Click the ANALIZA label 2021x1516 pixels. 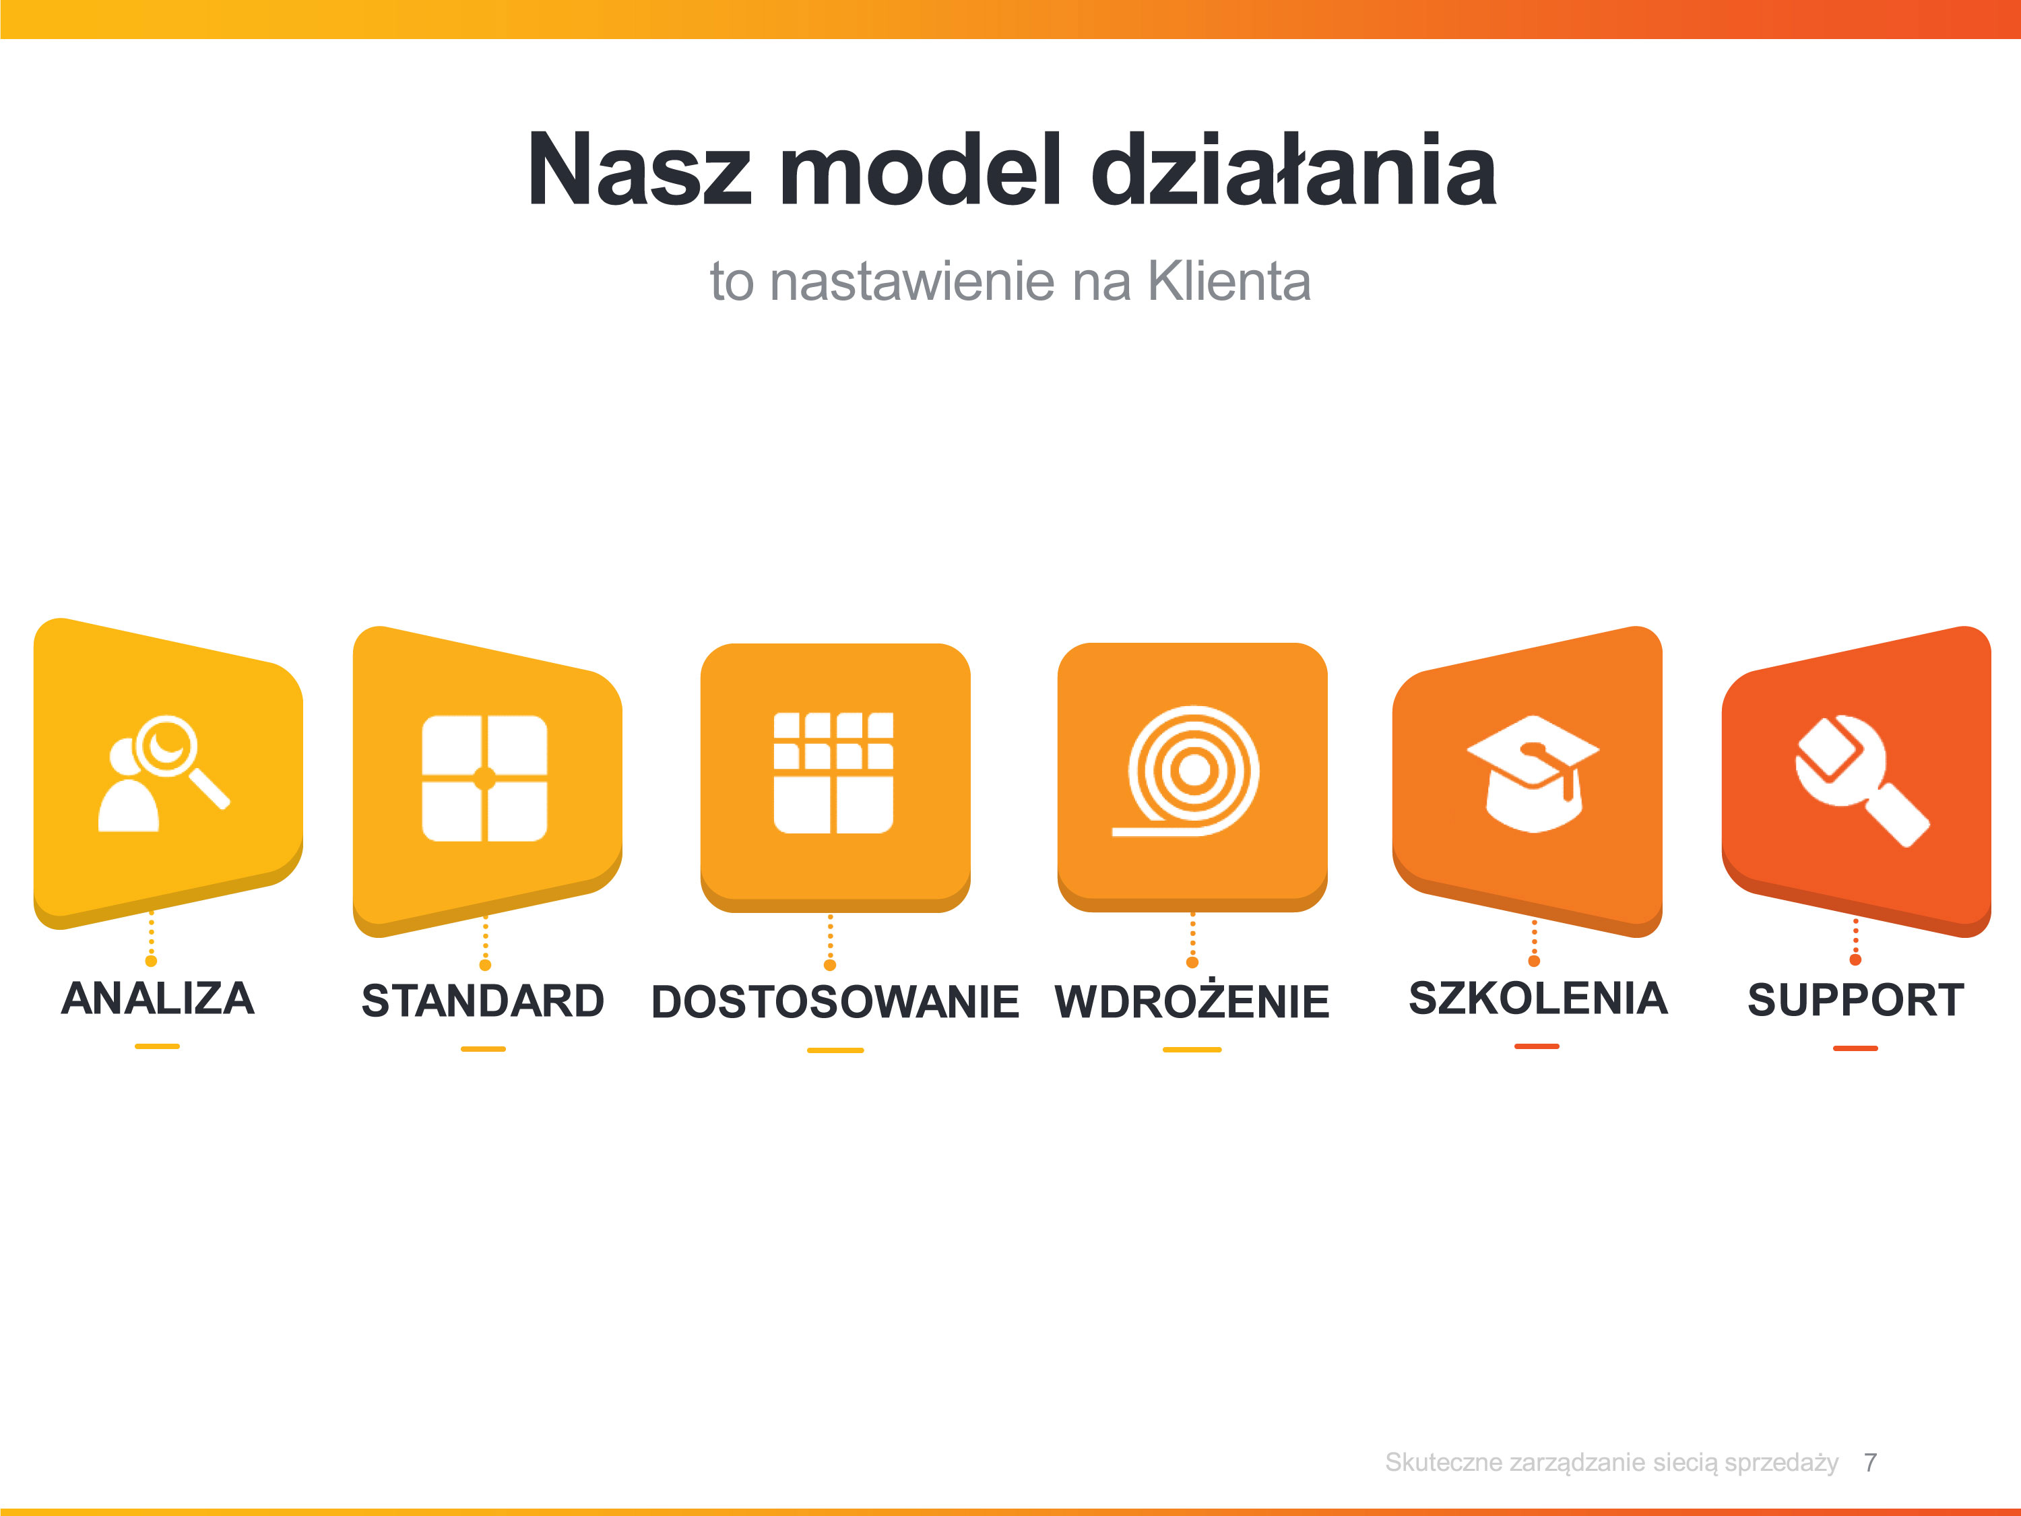[157, 998]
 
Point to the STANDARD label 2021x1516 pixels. [482, 1000]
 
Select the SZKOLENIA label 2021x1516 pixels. [1538, 998]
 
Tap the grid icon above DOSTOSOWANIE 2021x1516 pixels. [833, 773]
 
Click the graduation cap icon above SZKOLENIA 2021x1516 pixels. [1533, 773]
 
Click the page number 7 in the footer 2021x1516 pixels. [1870, 1462]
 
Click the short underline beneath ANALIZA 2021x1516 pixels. [157, 1046]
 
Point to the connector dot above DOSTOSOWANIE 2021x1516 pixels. [829, 965]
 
